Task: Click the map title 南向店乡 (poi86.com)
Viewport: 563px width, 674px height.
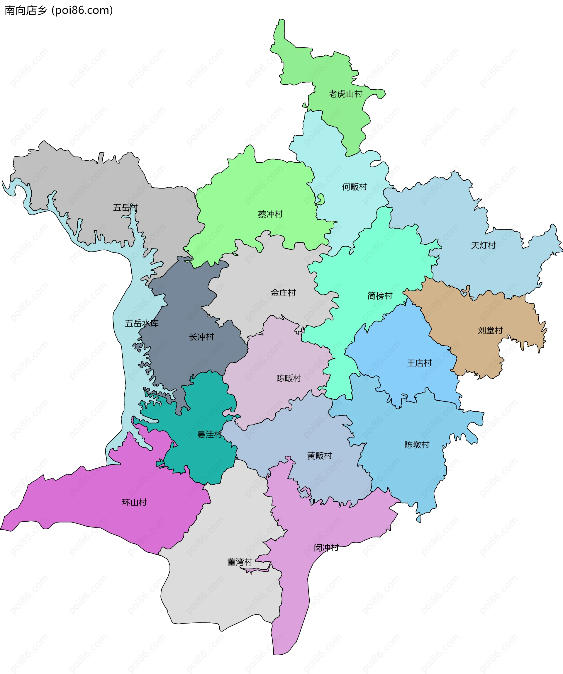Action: [x=59, y=10]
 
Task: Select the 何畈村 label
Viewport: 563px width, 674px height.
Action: [x=354, y=187]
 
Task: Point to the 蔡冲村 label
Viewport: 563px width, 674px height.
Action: [x=270, y=214]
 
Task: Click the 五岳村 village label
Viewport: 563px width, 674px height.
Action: [x=125, y=208]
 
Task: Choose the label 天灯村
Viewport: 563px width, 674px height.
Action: [x=483, y=245]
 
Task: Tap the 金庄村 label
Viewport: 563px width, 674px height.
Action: [x=283, y=293]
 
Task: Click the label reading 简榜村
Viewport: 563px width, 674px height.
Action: [x=380, y=296]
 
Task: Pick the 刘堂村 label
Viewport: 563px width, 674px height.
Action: [x=490, y=330]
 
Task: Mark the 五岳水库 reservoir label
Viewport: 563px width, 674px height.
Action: [x=142, y=323]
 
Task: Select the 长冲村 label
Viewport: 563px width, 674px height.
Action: [x=201, y=337]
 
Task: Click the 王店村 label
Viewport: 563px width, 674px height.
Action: [x=419, y=363]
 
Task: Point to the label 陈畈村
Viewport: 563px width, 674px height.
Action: [x=289, y=378]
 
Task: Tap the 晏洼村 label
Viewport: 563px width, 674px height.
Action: [x=210, y=434]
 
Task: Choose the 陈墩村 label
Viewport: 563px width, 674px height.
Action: [x=417, y=445]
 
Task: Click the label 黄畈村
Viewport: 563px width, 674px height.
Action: [x=319, y=455]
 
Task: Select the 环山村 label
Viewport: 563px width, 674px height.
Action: [x=134, y=502]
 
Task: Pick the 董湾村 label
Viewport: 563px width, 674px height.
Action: [x=240, y=562]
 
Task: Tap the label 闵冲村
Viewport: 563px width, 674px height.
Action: [x=326, y=547]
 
